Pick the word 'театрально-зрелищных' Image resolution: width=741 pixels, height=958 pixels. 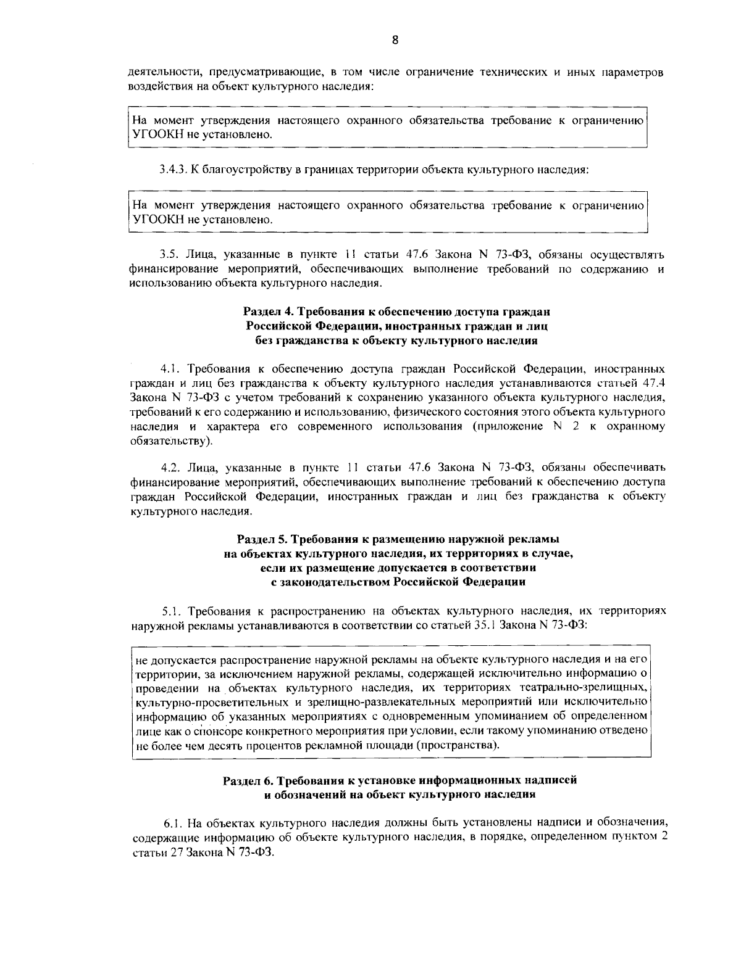(x=584, y=688)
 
